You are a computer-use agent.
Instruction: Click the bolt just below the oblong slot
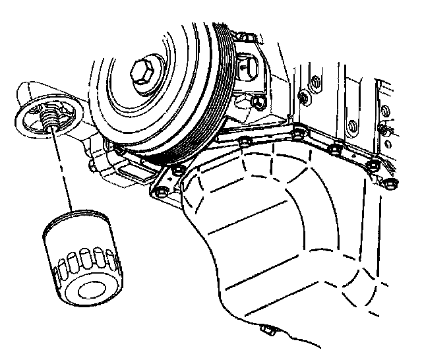click(x=256, y=102)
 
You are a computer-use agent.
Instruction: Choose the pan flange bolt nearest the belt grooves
click(x=245, y=143)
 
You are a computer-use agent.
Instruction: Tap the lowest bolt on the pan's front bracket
click(x=158, y=193)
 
